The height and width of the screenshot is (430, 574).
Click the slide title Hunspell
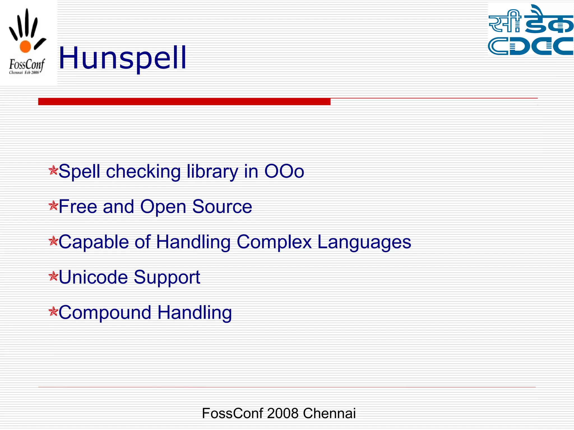point(122,58)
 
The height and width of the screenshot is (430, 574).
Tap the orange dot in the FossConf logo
point(25,46)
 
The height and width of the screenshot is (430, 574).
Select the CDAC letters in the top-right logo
point(530,46)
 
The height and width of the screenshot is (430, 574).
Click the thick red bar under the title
point(184,101)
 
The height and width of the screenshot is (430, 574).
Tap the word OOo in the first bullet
point(284,171)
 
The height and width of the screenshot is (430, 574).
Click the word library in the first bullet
point(212,171)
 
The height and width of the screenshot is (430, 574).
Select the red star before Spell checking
point(53,170)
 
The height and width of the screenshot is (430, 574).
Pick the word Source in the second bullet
point(222,207)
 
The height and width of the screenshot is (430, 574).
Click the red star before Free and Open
point(53,205)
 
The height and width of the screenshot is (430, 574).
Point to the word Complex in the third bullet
point(274,242)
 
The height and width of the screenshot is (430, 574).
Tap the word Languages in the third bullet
point(364,242)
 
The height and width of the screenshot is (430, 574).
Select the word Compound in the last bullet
point(105,312)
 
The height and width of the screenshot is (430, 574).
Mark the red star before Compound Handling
point(53,311)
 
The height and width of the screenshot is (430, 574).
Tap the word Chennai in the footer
point(329,413)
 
